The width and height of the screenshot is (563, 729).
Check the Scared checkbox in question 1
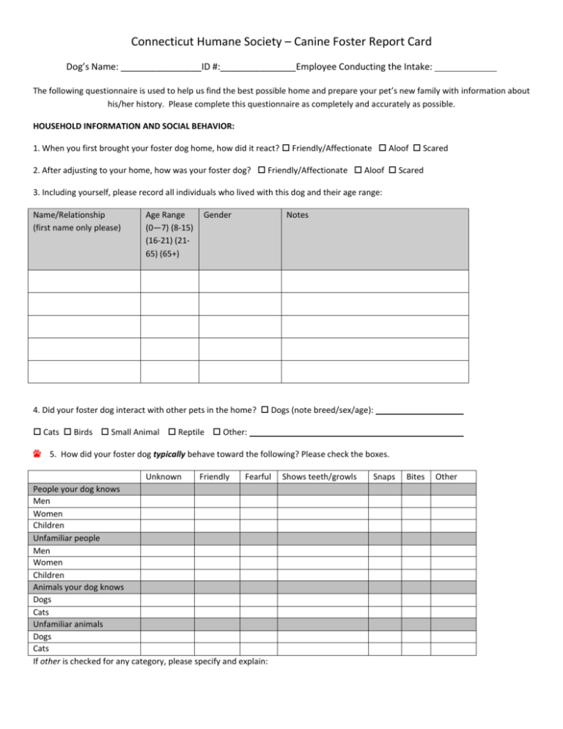[417, 148]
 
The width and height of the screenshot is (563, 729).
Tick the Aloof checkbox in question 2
[358, 170]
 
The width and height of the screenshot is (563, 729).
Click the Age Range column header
[169, 234]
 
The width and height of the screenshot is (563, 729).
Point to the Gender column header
[218, 216]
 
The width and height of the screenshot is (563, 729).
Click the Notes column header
[298, 216]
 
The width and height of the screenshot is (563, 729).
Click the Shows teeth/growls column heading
[320, 477]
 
